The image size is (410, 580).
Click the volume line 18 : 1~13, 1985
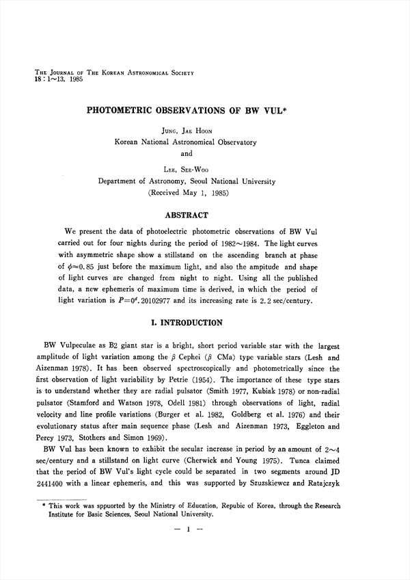[x=49, y=79]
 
